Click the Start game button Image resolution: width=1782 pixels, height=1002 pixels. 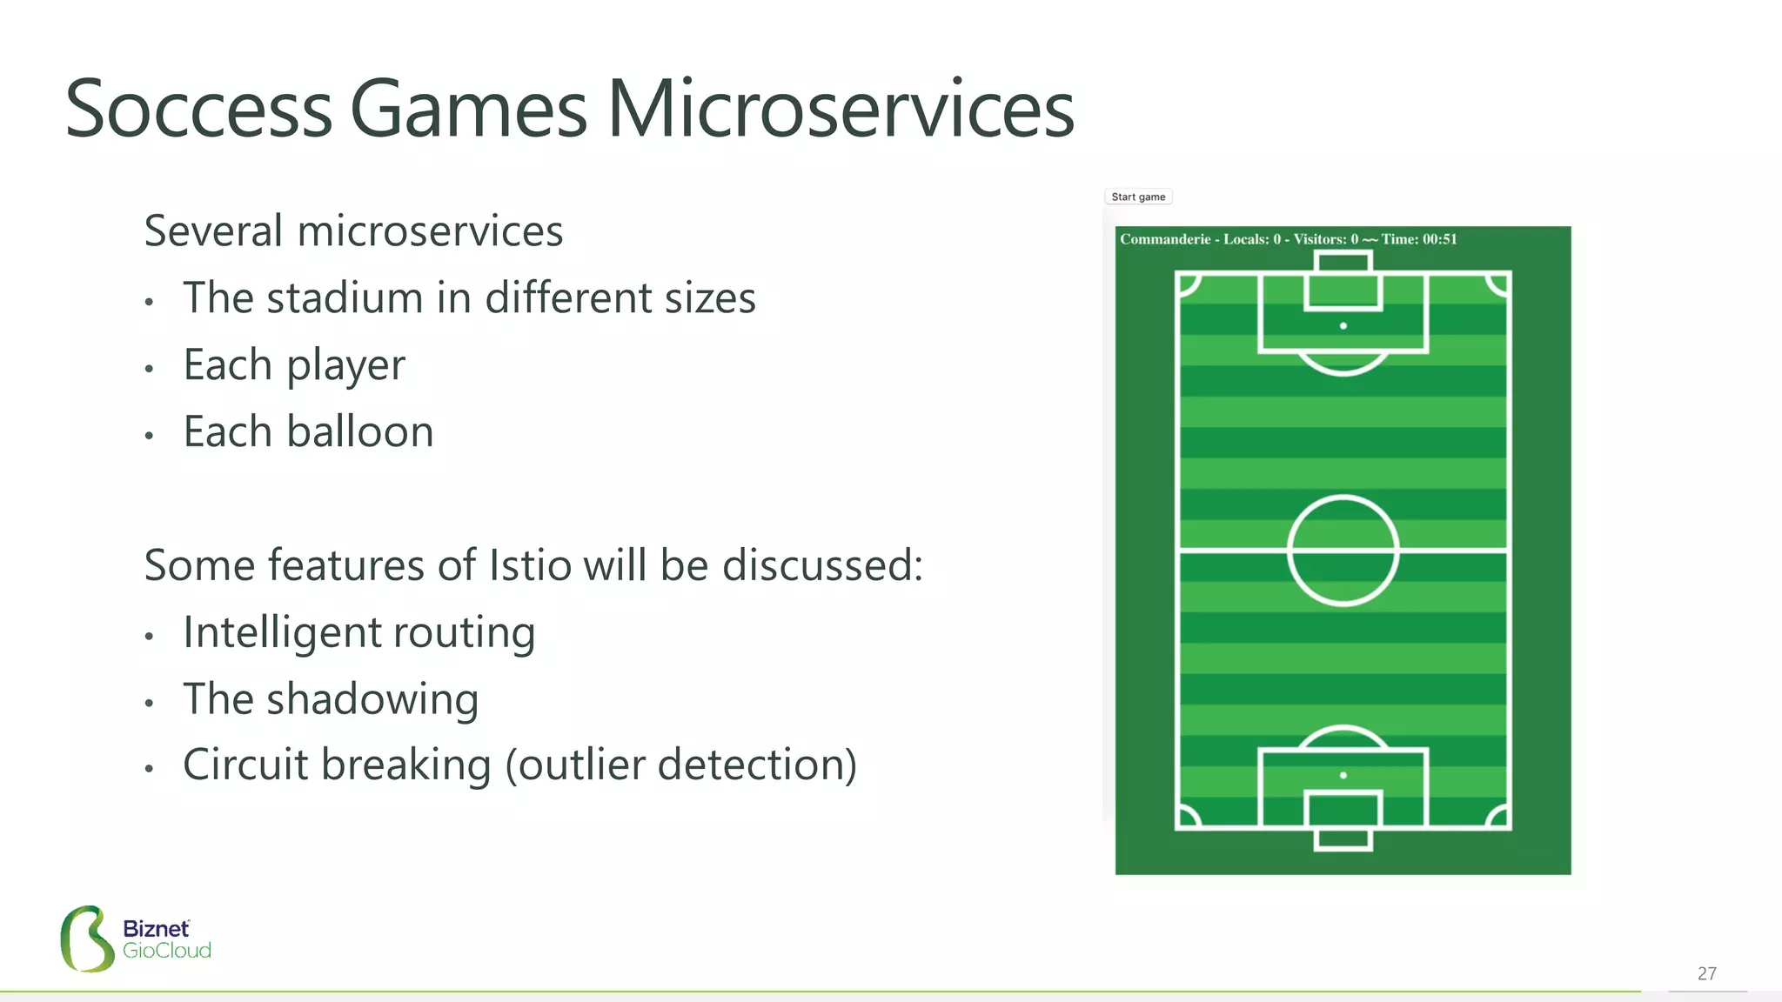coord(1138,197)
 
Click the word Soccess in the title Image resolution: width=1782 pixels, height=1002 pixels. coord(198,110)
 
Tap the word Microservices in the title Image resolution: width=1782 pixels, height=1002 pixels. coord(841,110)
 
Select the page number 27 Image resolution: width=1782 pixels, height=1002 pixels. coord(1706,973)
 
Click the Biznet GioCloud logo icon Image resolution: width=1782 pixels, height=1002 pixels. coord(87,939)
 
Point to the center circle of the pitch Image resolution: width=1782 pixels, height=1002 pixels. coord(1343,551)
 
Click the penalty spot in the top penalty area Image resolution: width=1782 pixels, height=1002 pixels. coord(1343,325)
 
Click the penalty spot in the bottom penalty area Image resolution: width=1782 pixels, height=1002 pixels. coord(1343,775)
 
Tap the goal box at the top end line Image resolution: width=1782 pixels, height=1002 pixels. coord(1343,261)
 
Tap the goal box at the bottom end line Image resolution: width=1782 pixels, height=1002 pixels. coord(1343,839)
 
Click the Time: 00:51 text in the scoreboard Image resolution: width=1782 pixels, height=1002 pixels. coord(1418,239)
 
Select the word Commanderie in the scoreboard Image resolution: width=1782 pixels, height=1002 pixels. coord(1164,239)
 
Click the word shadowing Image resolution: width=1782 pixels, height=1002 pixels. coord(372,699)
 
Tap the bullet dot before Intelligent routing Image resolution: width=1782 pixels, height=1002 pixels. coord(150,637)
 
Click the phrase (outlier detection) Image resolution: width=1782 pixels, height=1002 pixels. coord(681,765)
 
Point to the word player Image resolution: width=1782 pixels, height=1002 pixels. coord(345,366)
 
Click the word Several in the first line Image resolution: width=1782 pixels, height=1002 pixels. coord(213,231)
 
